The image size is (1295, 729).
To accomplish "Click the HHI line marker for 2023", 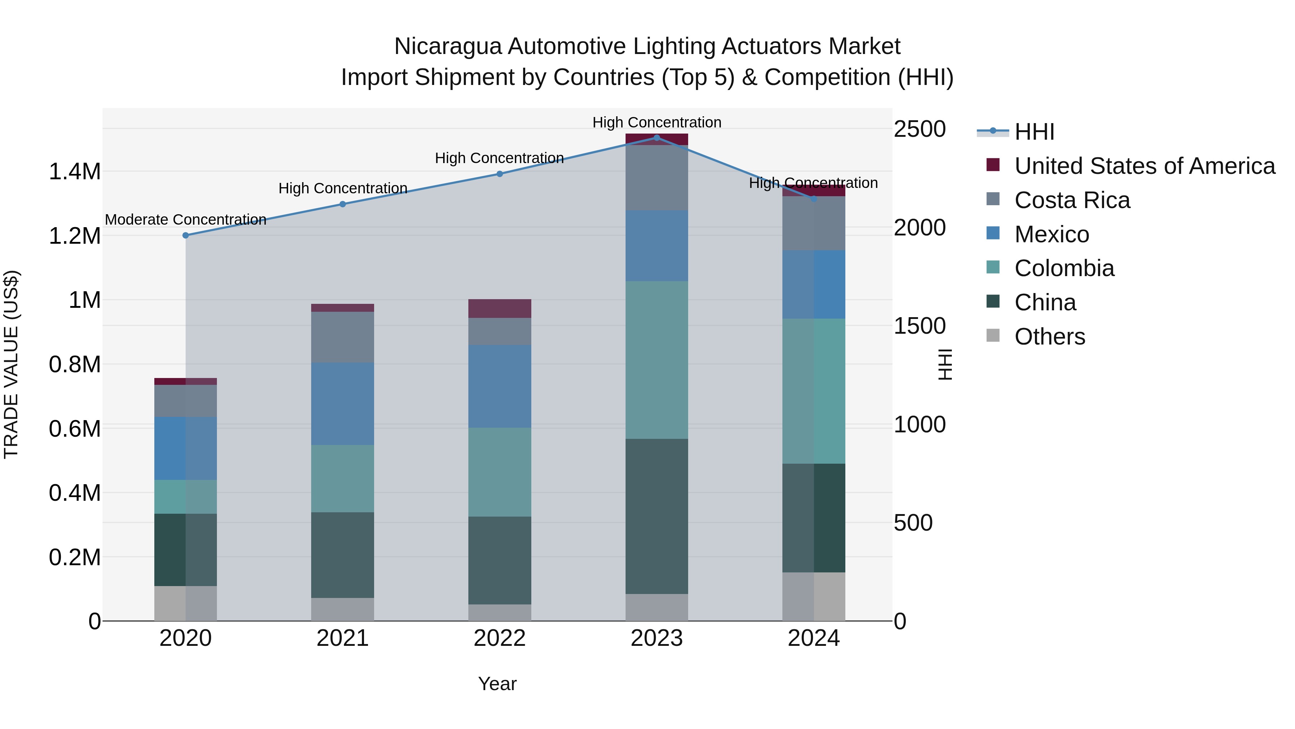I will point(656,138).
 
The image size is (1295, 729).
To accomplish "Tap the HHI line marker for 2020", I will point(186,235).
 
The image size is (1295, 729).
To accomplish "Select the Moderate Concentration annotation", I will point(186,220).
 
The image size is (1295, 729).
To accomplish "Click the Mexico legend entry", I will point(1052,234).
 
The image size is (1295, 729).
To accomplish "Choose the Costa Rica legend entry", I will point(1072,200).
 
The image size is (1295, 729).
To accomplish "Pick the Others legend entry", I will point(1050,337).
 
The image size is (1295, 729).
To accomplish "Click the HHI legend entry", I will point(1034,132).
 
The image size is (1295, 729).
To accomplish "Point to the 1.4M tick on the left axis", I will point(74,172).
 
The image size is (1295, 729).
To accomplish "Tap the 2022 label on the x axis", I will point(500,638).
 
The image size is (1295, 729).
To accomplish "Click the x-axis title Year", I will point(497,684).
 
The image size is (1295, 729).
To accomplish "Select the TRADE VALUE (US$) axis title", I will point(12,364).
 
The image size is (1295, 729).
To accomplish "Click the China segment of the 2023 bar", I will point(656,516).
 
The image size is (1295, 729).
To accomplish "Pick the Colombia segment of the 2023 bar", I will point(656,360).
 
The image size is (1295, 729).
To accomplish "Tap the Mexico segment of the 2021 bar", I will point(342,404).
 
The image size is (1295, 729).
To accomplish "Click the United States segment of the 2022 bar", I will point(500,309).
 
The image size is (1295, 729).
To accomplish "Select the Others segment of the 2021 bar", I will point(342,609).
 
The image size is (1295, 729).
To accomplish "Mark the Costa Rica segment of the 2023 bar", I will point(656,177).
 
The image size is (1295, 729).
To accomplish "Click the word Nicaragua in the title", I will point(447,46).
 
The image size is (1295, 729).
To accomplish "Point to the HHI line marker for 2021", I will point(342,204).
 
